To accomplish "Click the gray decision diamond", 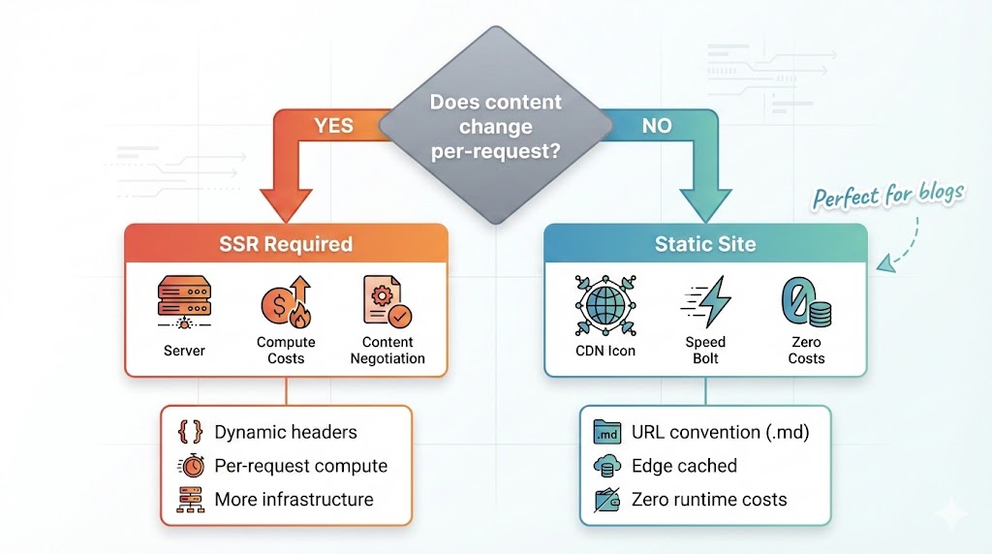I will point(496,127).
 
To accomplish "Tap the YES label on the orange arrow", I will point(334,126).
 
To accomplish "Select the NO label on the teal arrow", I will point(656,126).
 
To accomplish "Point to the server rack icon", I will point(184,302).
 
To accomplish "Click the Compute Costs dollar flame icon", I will point(286,301).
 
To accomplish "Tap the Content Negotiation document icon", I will point(387,301).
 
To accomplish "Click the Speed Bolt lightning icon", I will point(705,302).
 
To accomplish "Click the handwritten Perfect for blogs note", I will point(888,195).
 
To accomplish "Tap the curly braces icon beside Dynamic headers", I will point(191,432).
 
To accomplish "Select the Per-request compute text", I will point(300,466).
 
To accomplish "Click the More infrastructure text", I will point(294,500).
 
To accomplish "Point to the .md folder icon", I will point(606,432).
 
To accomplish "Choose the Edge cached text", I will point(684,466).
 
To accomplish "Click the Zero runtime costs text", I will point(709,500).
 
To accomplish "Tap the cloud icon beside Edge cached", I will point(606,466).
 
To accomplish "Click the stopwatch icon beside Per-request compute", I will point(191,466).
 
